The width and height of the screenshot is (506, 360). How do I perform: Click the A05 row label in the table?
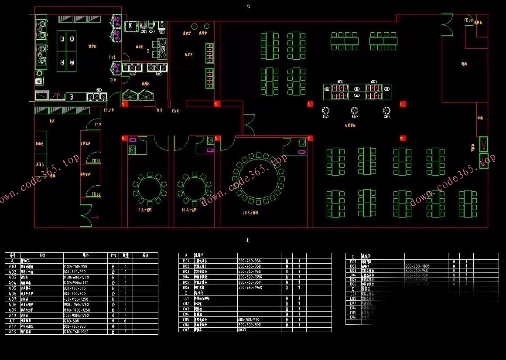[13, 288]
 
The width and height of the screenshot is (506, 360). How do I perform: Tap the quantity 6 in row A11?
[126, 321]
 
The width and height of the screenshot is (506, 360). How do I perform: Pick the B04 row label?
[186, 277]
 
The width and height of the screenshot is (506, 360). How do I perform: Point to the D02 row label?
[353, 266]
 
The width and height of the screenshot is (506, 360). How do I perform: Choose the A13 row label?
[13, 332]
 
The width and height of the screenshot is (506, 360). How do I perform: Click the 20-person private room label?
[250, 213]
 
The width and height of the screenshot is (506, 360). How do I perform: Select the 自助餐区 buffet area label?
[350, 125]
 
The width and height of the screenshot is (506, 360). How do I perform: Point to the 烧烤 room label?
[464, 64]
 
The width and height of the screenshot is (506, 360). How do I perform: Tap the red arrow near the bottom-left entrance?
[95, 217]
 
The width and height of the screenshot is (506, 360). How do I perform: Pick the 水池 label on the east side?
[480, 118]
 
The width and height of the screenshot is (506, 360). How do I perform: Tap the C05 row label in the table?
[186, 319]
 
